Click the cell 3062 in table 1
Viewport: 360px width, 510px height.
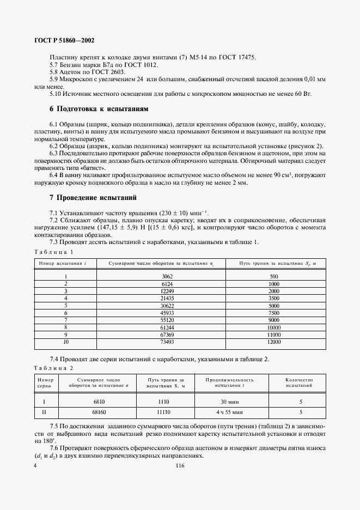pyautogui.click(x=167, y=277)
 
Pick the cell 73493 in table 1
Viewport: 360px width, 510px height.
pyautogui.click(x=167, y=342)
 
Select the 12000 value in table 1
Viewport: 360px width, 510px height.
pyautogui.click(x=273, y=342)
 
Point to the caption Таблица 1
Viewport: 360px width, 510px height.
pyautogui.click(x=53, y=252)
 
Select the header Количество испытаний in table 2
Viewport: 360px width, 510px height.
pyautogui.click(x=299, y=382)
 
